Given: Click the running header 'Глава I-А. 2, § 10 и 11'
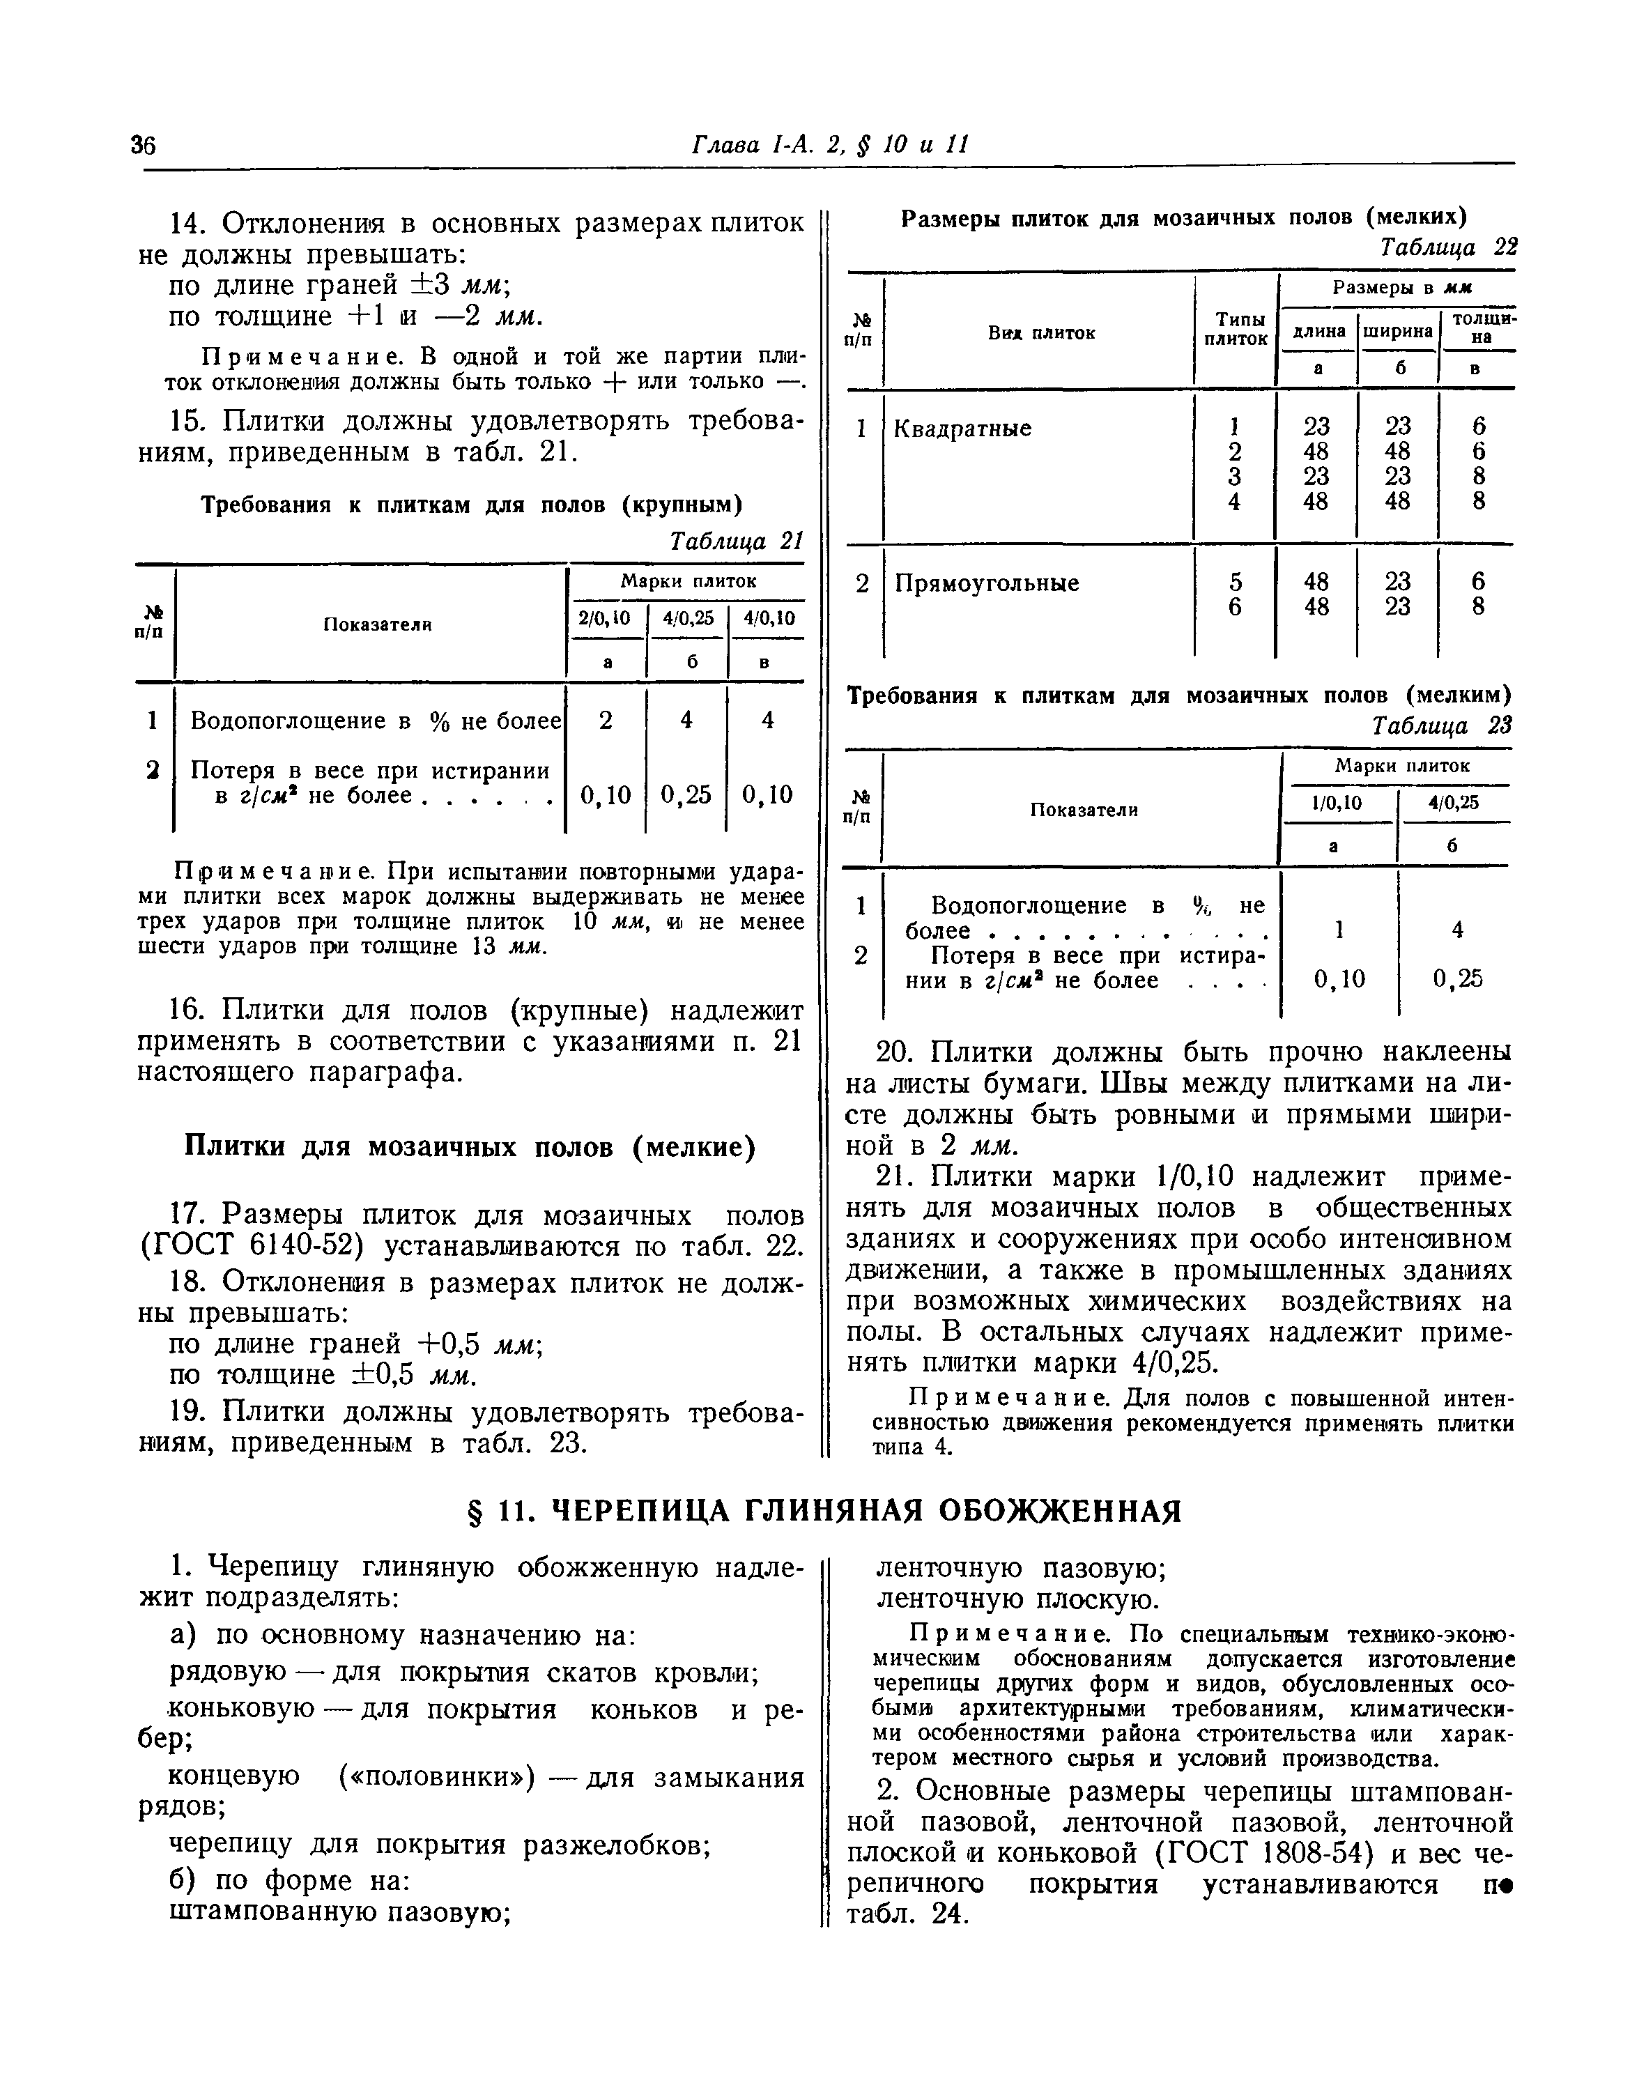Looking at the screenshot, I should tap(829, 144).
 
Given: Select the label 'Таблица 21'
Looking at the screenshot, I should tap(737, 541).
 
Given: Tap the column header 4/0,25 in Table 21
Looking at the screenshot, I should tap(687, 617).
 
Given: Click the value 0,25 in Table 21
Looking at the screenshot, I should tap(686, 794).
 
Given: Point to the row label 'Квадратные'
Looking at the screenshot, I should tap(962, 428).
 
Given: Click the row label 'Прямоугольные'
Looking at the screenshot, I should tap(987, 583).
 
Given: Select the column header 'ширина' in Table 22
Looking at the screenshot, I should tap(1397, 330).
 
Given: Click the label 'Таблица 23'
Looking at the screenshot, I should tap(1442, 725).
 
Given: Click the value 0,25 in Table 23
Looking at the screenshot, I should tap(1457, 979).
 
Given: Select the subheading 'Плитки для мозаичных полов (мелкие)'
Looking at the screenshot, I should tap(469, 1147).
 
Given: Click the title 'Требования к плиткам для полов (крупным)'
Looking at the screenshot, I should tap(470, 505).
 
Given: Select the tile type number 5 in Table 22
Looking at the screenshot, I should tap(1236, 582).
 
